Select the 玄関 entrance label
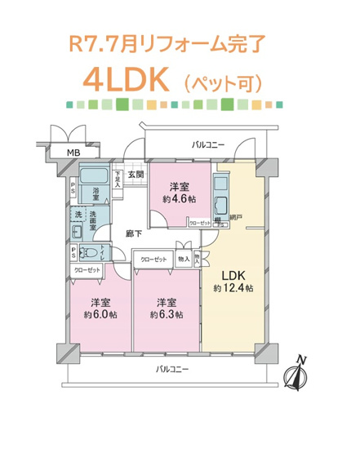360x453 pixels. pyautogui.click(x=136, y=175)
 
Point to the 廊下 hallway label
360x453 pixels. pyautogui.click(x=133, y=234)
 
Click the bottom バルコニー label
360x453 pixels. pyautogui.click(x=172, y=370)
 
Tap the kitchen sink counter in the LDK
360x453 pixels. pyautogui.click(x=220, y=204)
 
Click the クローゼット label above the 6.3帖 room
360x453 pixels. pyautogui.click(x=154, y=260)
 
